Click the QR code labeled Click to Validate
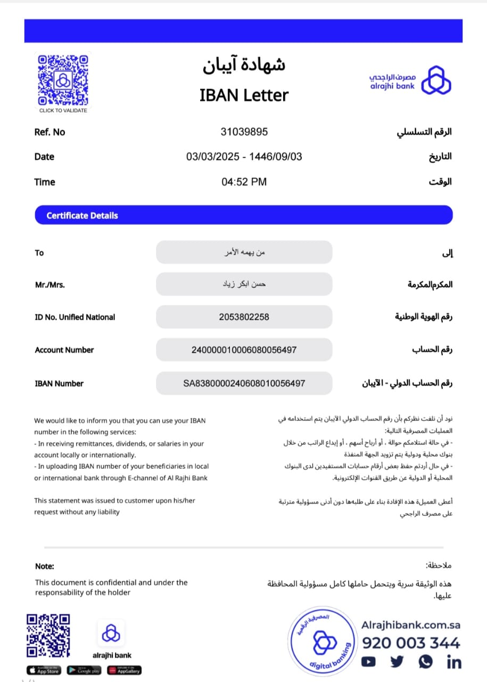tap(63, 80)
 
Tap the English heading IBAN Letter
tap(244, 95)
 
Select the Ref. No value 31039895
tap(244, 132)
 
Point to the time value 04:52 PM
tap(244, 182)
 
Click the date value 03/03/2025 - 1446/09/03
tap(244, 157)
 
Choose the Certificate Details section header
tap(82, 215)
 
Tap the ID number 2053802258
tap(244, 317)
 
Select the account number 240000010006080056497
tap(244, 350)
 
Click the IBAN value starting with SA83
tap(244, 383)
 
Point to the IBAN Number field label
tap(59, 384)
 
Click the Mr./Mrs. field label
tap(50, 285)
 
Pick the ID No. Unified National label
tap(75, 317)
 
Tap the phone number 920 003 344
tap(411, 643)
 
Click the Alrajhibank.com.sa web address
tap(411, 625)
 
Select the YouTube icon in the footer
tap(368, 662)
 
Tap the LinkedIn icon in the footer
tap(454, 662)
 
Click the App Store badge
tap(44, 670)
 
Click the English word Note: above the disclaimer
tap(45, 566)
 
